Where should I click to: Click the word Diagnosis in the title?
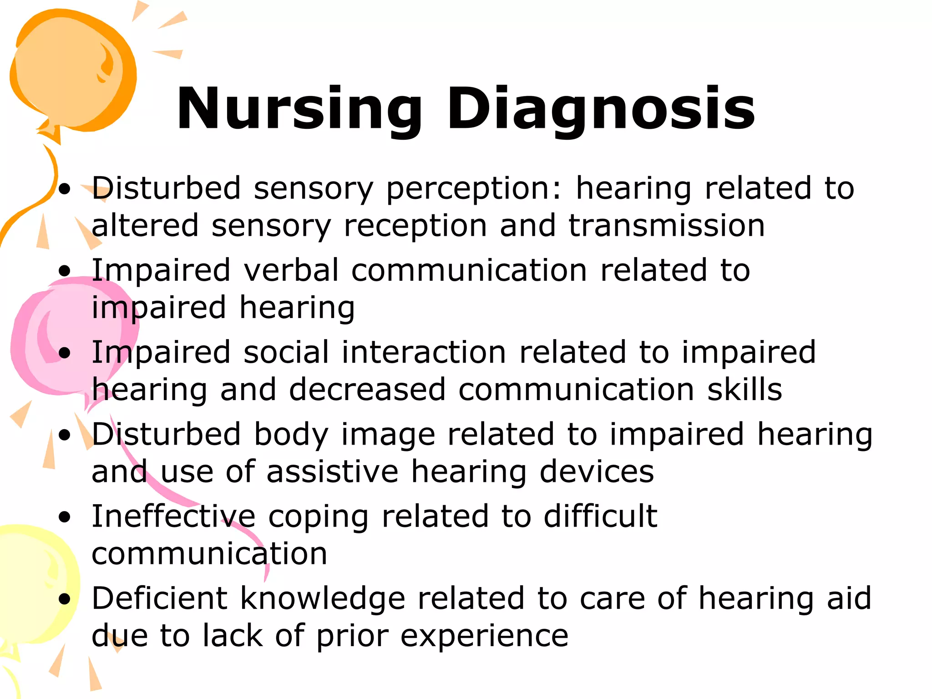(x=601, y=109)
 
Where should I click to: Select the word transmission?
(x=666, y=226)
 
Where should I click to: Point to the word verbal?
(x=291, y=270)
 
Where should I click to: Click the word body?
(x=291, y=436)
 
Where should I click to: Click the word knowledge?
(x=322, y=600)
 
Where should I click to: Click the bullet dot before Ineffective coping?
(x=65, y=517)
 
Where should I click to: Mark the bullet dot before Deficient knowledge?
(x=65, y=599)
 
